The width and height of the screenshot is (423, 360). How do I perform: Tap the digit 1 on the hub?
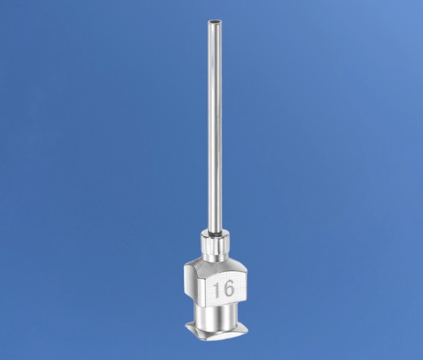[x=217, y=289]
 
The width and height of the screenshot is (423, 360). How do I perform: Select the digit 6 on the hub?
[x=229, y=289]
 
